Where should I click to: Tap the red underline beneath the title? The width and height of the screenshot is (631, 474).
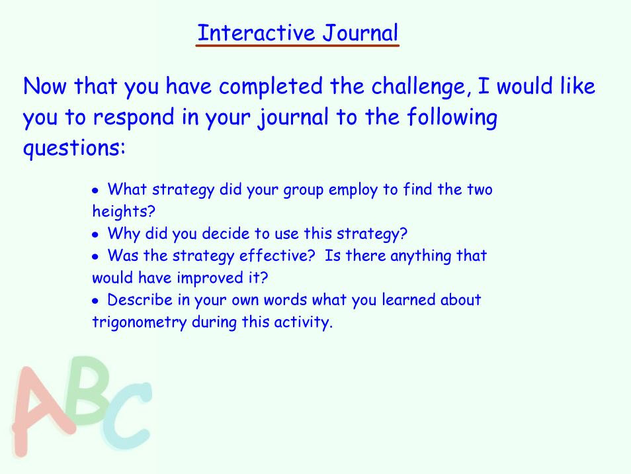tap(298, 46)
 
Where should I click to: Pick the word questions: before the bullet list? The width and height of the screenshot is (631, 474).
tap(75, 148)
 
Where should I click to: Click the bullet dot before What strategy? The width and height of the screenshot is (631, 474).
tap(95, 190)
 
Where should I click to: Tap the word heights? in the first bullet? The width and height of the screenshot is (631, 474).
tap(124, 211)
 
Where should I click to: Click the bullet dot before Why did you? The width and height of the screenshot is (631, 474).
tap(95, 234)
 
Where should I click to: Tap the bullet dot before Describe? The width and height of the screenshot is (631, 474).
tap(95, 301)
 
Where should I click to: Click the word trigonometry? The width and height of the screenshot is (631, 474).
tap(140, 322)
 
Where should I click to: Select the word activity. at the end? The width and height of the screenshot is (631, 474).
tap(304, 322)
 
